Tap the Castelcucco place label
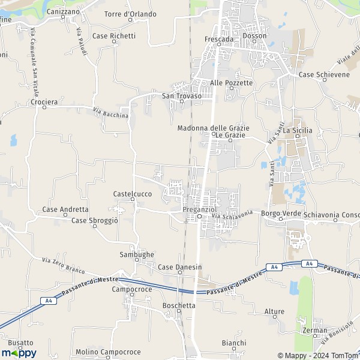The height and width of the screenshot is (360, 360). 132,194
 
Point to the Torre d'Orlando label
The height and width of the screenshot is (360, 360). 130,14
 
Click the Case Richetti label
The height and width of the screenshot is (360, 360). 114,36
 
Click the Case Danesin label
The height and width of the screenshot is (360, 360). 179,266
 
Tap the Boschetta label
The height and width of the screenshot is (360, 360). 179,305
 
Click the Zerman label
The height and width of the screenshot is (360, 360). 316,330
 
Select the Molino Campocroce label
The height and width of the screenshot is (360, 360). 108,352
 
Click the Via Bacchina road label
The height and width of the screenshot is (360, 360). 111,112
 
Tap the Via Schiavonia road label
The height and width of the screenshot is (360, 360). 233,215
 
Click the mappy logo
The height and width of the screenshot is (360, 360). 19,353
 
